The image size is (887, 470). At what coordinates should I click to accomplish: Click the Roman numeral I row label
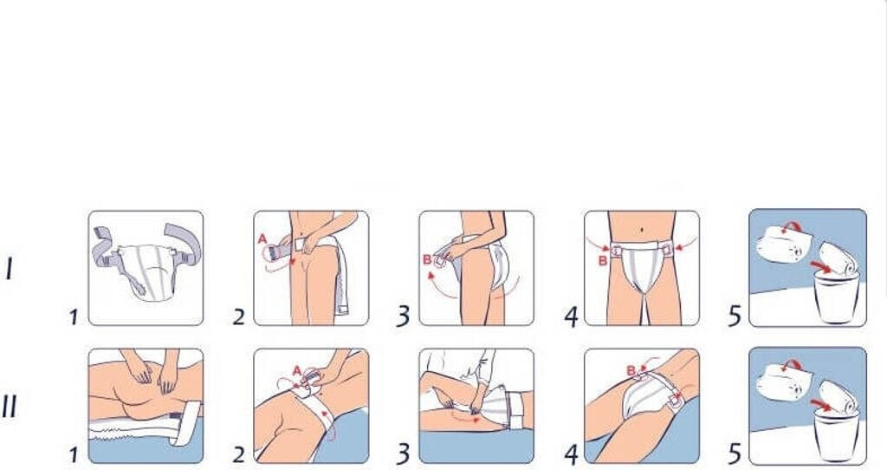point(10,269)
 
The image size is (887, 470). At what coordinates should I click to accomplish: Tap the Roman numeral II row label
point(10,406)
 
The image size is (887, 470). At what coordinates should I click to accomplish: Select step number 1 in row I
point(74,317)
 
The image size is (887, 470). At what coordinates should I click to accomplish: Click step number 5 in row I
point(735,316)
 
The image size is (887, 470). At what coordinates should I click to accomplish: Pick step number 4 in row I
point(572,317)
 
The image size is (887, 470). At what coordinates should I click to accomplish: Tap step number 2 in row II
point(239,454)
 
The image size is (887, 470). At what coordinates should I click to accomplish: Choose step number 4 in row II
point(572,454)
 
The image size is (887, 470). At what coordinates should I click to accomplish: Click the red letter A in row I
point(262,239)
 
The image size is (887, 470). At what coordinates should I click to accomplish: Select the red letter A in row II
point(297,371)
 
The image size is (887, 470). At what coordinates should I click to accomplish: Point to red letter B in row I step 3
point(427,260)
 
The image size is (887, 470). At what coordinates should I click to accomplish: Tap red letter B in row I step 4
point(603,261)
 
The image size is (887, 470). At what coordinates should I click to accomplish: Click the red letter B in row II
point(631,371)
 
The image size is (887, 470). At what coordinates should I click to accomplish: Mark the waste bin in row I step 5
point(836,297)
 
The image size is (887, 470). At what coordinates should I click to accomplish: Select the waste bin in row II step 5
point(836,434)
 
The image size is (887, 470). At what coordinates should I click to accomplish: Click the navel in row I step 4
point(643,230)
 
